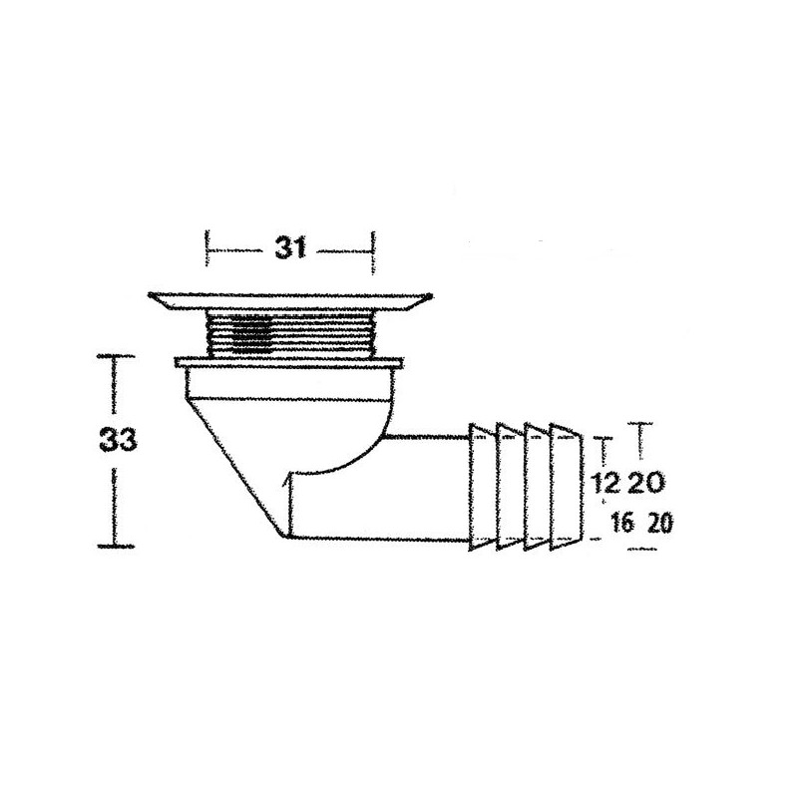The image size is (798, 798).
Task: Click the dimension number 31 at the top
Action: pyautogui.click(x=289, y=250)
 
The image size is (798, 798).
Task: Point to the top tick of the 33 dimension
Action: pyautogui.click(x=117, y=354)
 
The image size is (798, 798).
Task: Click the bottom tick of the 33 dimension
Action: pyautogui.click(x=117, y=545)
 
